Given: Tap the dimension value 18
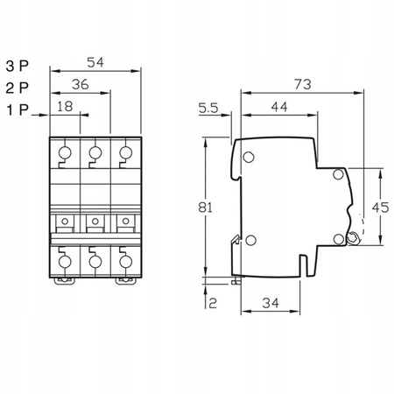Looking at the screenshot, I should pos(66,108).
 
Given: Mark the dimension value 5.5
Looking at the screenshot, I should pos(208,108).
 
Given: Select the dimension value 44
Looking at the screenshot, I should pos(279,108).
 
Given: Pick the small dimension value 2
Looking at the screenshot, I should pos(212,303).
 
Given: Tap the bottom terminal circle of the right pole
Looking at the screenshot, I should pos(124,260).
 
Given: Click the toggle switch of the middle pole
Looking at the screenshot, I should pos(95,220).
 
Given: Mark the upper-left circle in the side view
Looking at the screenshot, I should pos(249,158).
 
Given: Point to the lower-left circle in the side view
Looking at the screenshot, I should pos(251,243).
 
